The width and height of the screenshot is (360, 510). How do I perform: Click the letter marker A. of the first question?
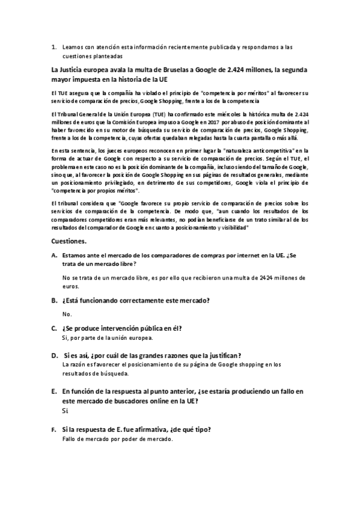[55, 256]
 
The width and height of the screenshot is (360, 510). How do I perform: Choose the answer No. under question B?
[67, 314]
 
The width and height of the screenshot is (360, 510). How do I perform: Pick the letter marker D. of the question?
[55, 355]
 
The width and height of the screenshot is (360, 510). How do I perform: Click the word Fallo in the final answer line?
[70, 439]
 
